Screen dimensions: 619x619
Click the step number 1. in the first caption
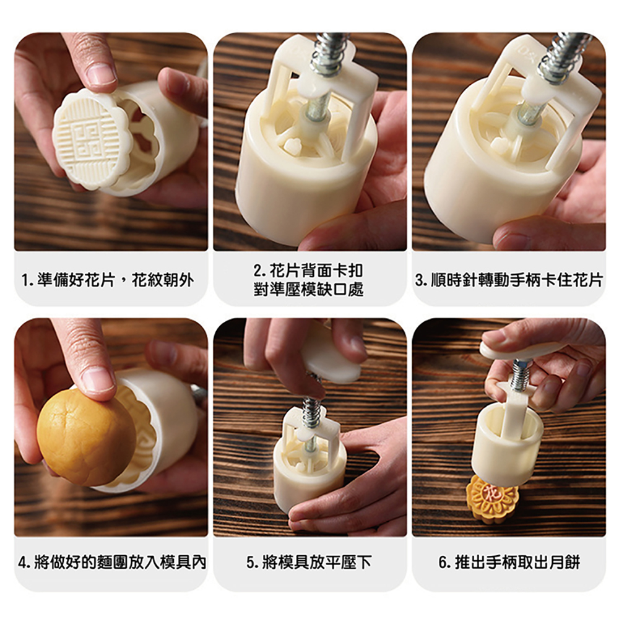[x=28, y=280]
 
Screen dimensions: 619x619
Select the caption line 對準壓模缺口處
[x=309, y=289]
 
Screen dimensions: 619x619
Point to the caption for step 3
[x=509, y=280]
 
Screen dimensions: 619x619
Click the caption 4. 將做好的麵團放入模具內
[x=112, y=562]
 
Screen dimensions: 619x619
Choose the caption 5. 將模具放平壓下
[x=309, y=562]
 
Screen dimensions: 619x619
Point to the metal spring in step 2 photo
[x=330, y=53]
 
